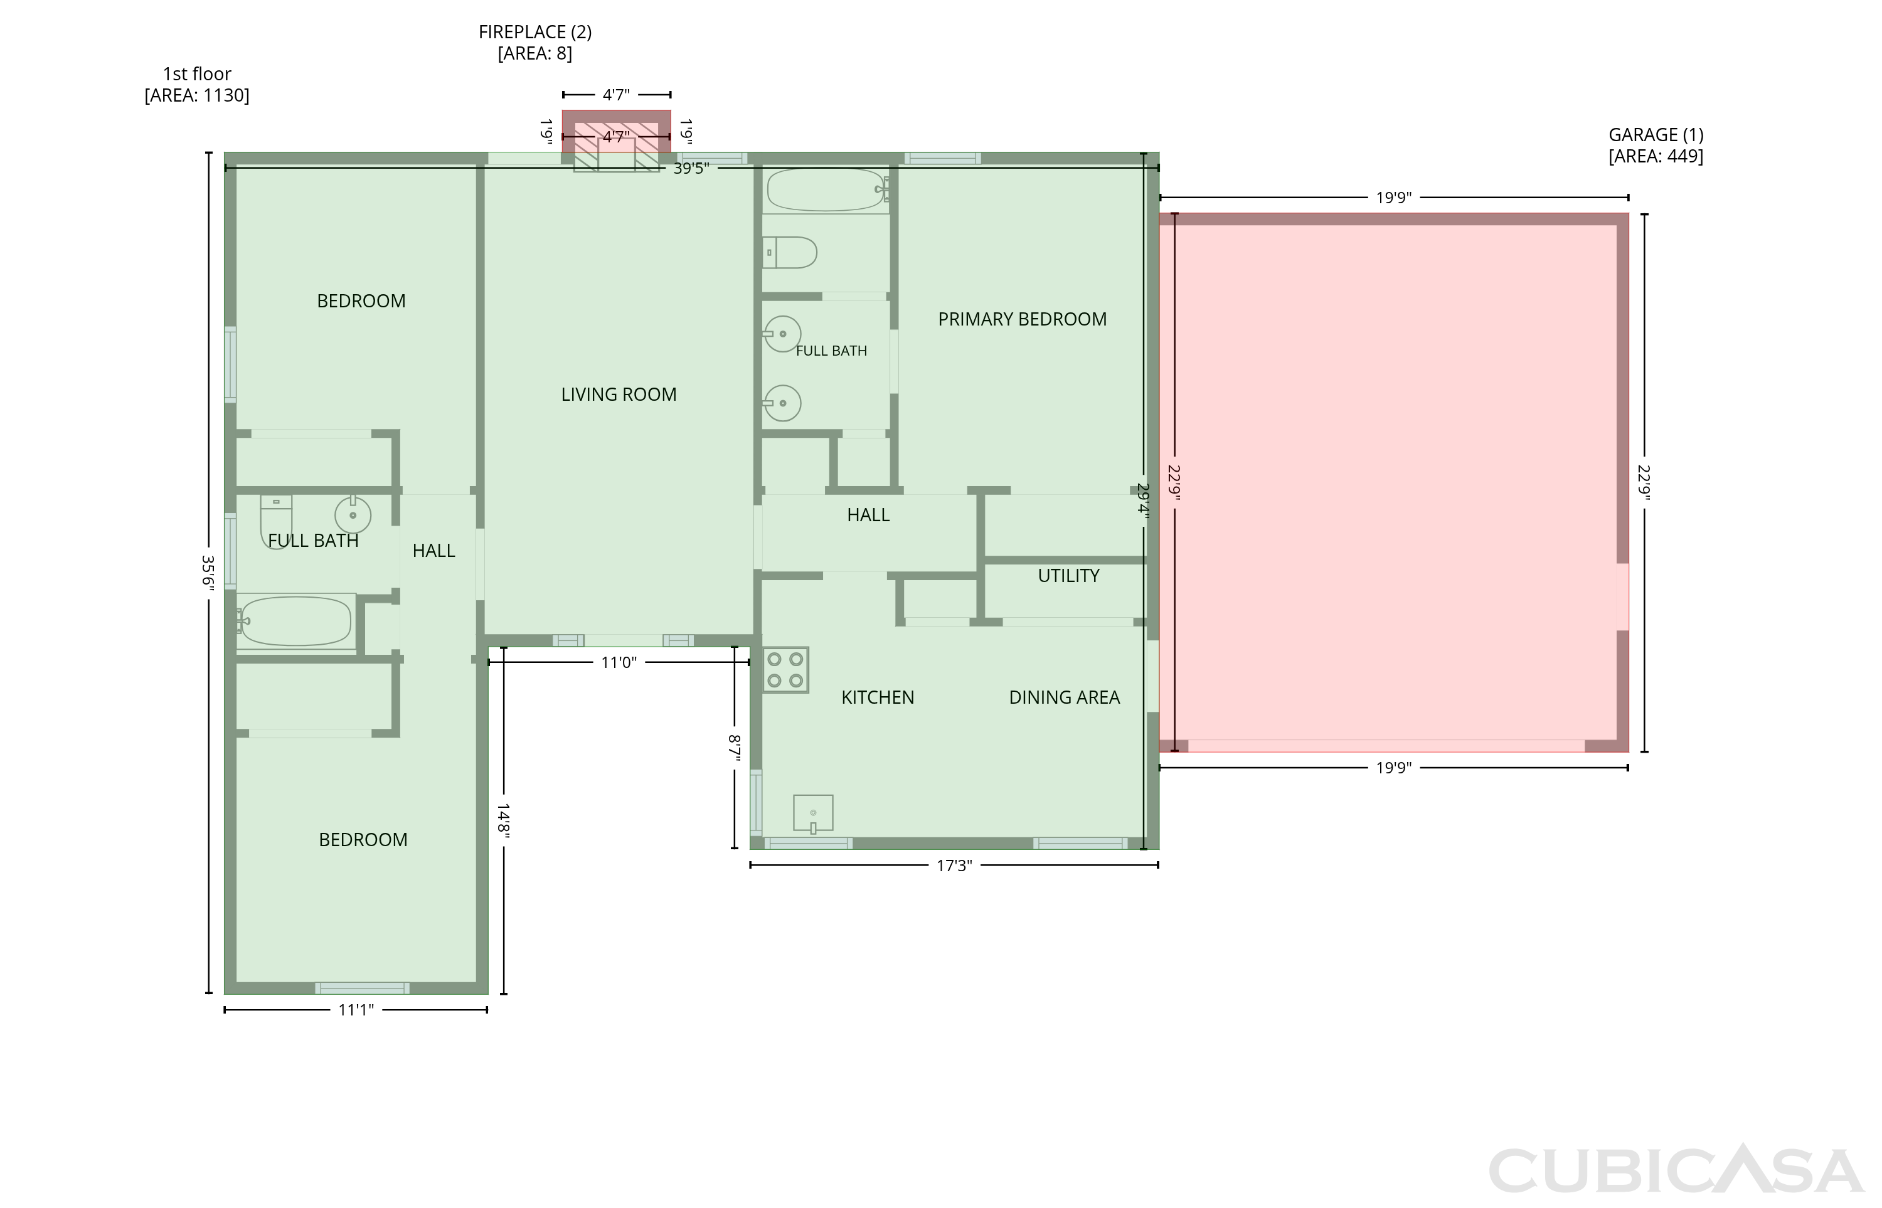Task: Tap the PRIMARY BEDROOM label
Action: pyautogui.click(x=1022, y=319)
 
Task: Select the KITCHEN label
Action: pyautogui.click(x=877, y=697)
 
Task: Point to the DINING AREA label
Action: pyautogui.click(x=1064, y=697)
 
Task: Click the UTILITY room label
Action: pyautogui.click(x=1068, y=576)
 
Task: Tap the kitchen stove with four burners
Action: pyautogui.click(x=785, y=670)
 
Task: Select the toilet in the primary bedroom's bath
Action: pyautogui.click(x=789, y=253)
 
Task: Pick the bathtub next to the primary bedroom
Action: pyautogui.click(x=827, y=190)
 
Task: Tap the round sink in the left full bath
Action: pyautogui.click(x=353, y=514)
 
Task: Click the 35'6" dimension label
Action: pyautogui.click(x=208, y=571)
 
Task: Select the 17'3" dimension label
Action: pyautogui.click(x=954, y=865)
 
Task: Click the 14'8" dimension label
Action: pyautogui.click(x=503, y=821)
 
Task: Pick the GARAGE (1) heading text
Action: pyautogui.click(x=1656, y=135)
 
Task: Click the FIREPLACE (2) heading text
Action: pyautogui.click(x=535, y=32)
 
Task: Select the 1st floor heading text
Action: pyautogui.click(x=197, y=74)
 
